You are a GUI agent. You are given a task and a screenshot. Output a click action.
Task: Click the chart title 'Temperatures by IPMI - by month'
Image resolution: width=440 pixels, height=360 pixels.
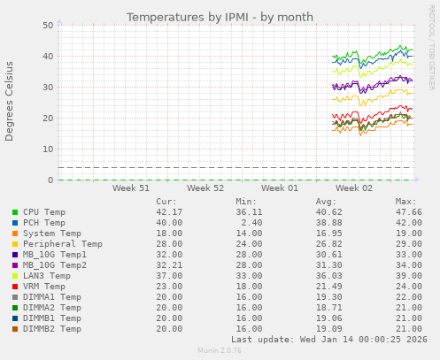point(220,17)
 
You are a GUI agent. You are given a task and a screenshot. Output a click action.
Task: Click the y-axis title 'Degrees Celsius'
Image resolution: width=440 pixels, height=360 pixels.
point(10,101)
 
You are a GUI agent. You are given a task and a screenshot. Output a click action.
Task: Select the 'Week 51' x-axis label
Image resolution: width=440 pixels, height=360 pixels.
point(131,188)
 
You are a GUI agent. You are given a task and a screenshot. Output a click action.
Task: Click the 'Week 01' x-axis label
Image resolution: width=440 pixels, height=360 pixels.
point(280,188)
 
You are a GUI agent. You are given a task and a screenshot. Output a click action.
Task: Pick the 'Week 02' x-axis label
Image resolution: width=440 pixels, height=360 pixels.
point(354,188)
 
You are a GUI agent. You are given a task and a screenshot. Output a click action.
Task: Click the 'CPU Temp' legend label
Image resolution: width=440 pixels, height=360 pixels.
point(44,212)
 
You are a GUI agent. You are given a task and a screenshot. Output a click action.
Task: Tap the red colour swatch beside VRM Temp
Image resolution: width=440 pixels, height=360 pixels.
point(15,287)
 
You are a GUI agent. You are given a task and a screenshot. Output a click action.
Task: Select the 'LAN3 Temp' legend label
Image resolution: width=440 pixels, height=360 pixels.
point(46,276)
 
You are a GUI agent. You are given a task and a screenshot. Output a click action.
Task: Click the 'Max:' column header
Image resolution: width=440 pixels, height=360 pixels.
point(405,202)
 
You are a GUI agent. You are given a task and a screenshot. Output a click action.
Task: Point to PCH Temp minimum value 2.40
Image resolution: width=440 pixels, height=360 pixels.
point(250,223)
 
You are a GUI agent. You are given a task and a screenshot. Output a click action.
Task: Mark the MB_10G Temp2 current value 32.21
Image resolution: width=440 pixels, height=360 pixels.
point(168,265)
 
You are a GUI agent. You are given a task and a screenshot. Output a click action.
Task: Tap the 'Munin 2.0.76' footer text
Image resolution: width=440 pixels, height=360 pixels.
point(219,351)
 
